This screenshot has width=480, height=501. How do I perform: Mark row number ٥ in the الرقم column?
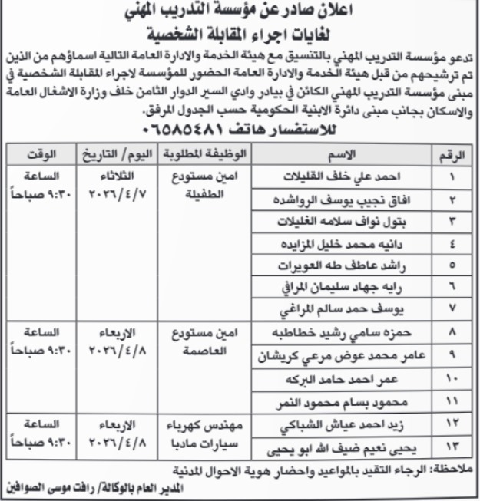coord(453,265)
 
